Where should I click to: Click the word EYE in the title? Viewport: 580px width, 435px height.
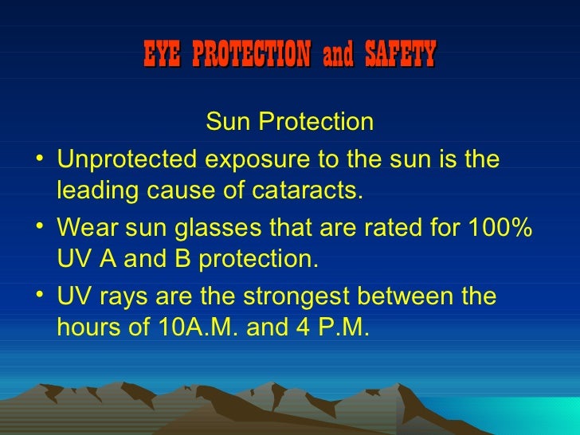pos(163,55)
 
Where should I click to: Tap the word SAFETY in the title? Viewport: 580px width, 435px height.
pos(401,55)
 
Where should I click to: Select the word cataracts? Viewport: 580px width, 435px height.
pos(319,190)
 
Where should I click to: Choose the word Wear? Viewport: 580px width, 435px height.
pos(86,226)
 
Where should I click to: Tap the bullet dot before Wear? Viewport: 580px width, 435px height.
pos(40,226)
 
